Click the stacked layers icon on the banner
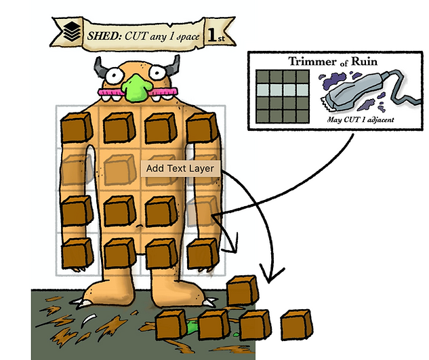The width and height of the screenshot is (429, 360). click(x=72, y=31)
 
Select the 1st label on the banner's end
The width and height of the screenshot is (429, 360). click(x=216, y=35)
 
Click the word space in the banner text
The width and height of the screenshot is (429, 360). click(x=188, y=37)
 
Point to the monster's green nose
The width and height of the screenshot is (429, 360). click(x=136, y=88)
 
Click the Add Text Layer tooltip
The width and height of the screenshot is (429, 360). click(x=180, y=168)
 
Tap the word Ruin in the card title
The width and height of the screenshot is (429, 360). click(x=364, y=61)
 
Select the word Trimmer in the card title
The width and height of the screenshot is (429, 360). click(x=312, y=61)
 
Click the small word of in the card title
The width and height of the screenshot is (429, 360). click(x=344, y=64)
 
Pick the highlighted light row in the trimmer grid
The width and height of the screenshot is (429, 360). click(x=283, y=89)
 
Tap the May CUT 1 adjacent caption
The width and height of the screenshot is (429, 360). click(x=361, y=119)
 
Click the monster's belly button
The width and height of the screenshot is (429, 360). click(x=140, y=226)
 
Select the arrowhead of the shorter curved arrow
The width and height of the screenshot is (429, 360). click(x=230, y=243)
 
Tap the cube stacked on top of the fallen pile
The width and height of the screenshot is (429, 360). click(x=243, y=290)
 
